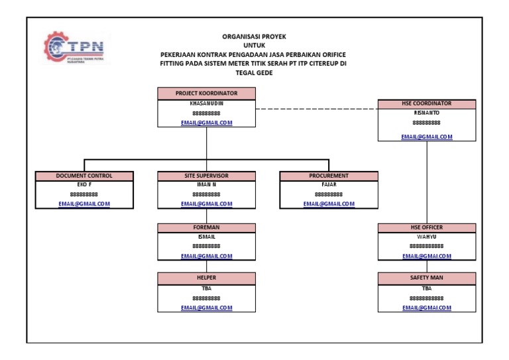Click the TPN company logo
78,48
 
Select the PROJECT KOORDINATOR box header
206,93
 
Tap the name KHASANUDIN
206,103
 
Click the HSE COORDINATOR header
426,103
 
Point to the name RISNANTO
426,113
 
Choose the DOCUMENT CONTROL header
84,176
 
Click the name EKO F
84,184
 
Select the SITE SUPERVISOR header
206,176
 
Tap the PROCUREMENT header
329,176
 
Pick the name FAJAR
329,184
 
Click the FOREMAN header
206,227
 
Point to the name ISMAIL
206,236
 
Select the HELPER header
206,277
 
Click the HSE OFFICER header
426,227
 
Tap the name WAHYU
426,236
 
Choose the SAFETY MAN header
426,277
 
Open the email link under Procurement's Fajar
329,204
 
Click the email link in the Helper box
206,308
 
